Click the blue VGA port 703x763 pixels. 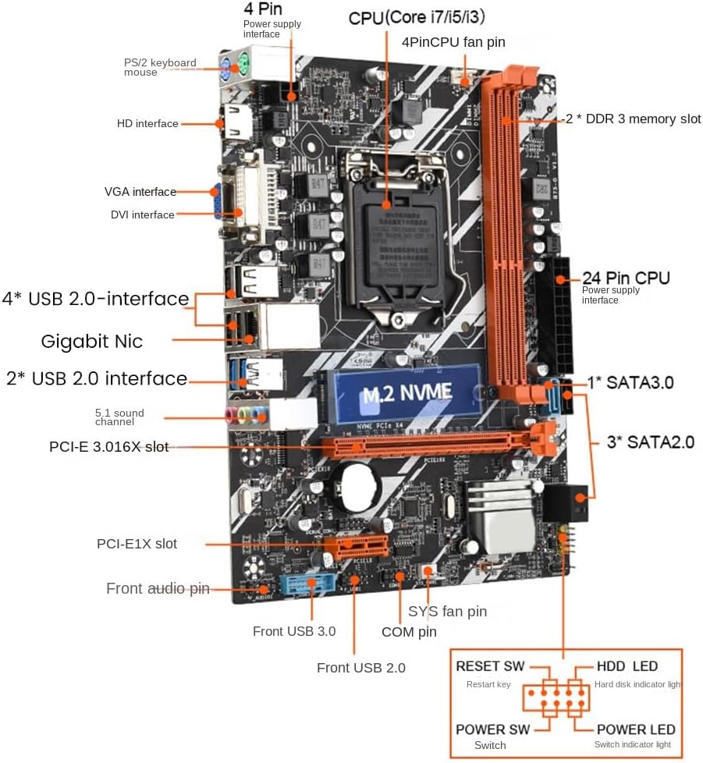tap(217, 200)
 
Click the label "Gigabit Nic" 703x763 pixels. tap(91, 341)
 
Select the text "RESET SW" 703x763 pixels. tap(490, 666)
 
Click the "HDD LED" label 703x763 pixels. tap(627, 666)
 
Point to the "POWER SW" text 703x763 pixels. tap(492, 729)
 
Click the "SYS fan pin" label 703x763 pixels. tap(447, 611)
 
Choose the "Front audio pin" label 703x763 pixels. tap(158, 588)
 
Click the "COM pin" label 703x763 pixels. tap(409, 632)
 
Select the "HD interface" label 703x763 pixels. tap(147, 123)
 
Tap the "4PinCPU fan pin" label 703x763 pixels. tap(453, 41)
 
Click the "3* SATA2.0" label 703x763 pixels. tap(651, 442)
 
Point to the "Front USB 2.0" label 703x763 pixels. tap(360, 668)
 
